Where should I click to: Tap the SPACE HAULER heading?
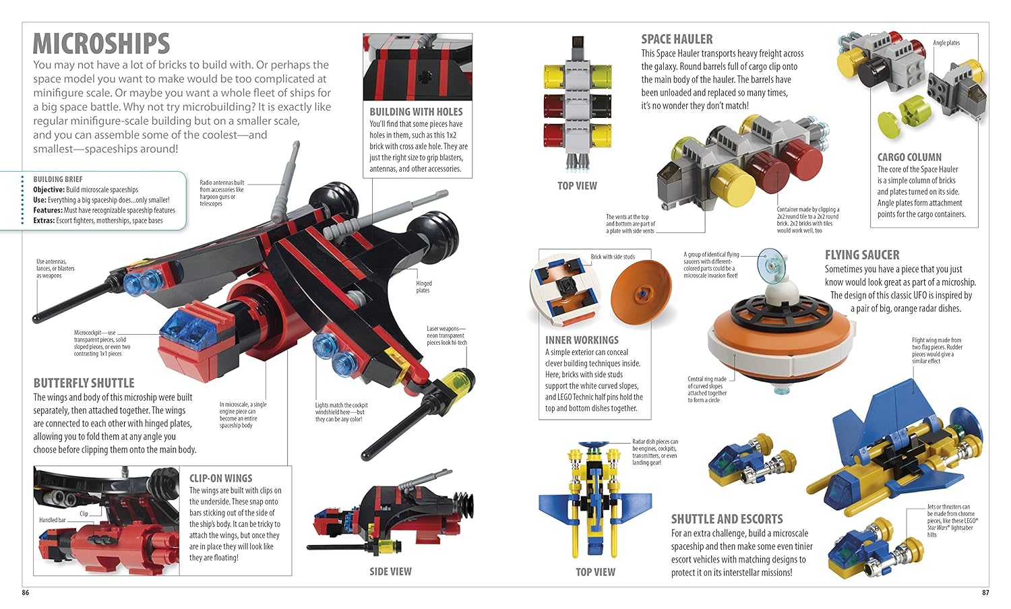[x=677, y=39]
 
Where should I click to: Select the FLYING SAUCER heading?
[x=861, y=255]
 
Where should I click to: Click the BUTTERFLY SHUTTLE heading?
[x=84, y=383]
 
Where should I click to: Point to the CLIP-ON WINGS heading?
[x=220, y=478]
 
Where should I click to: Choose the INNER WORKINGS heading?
[x=582, y=340]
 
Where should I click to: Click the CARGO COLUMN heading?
[x=909, y=158]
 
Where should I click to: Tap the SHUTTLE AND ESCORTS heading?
[x=727, y=519]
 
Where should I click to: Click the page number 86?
[x=26, y=592]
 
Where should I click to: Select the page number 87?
[x=985, y=592]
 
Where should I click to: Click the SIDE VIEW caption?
[x=390, y=571]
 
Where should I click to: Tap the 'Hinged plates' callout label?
[x=424, y=287]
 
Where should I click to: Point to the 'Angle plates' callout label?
[x=946, y=43]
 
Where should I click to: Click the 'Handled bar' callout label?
[x=53, y=520]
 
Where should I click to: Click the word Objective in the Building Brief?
[x=49, y=190]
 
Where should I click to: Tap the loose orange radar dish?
[x=642, y=293]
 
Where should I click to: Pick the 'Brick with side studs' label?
[x=613, y=257]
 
